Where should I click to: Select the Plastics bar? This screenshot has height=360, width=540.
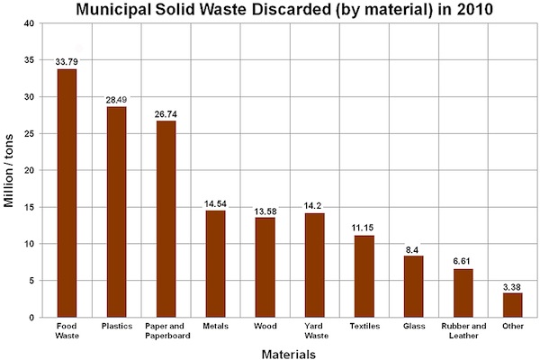[116, 212]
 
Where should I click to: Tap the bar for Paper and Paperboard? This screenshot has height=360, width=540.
[166, 219]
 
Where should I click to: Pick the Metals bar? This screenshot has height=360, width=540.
[215, 264]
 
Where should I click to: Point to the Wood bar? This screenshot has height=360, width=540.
[265, 267]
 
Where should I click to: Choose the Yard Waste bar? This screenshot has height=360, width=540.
[314, 265]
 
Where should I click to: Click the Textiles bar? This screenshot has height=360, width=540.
[364, 276]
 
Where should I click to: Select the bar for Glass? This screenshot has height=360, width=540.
[413, 286]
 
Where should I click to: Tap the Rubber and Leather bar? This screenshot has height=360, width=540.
[463, 292]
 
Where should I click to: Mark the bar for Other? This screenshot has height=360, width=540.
[512, 305]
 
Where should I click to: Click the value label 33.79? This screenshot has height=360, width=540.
[67, 61]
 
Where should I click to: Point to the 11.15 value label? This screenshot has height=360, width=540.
[364, 228]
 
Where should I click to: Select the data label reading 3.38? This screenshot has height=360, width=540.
[512, 285]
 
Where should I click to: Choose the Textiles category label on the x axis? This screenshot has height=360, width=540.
[364, 325]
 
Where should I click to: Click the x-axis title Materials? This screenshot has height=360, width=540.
[288, 354]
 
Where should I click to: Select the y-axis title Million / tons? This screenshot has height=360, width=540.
[11, 170]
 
